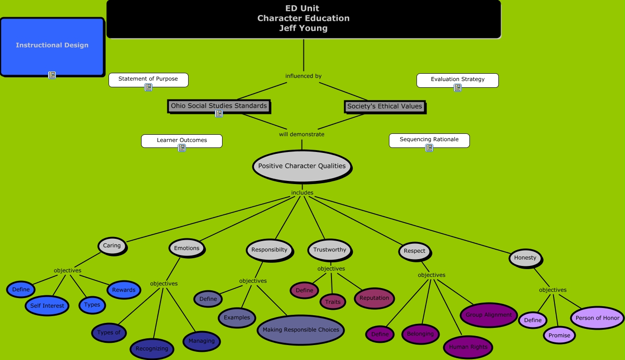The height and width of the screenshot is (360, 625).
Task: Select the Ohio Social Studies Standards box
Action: (x=219, y=106)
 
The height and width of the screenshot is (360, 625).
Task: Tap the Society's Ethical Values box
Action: (x=384, y=106)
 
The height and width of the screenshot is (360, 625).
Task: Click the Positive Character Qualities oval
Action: (x=302, y=166)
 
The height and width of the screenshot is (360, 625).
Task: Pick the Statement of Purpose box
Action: (x=148, y=79)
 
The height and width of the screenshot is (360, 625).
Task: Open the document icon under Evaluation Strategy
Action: (x=458, y=88)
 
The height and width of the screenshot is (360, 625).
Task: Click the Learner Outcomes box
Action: (x=182, y=141)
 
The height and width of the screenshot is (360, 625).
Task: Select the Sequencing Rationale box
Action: (x=429, y=140)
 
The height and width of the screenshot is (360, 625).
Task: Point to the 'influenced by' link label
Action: (x=303, y=76)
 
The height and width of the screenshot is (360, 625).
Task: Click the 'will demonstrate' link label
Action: (x=302, y=134)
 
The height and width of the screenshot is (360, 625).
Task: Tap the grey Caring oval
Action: (x=112, y=246)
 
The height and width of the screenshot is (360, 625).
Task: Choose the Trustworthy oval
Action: (x=330, y=250)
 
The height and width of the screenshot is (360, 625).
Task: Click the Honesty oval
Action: (x=525, y=258)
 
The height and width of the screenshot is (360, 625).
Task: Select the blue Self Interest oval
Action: (x=47, y=306)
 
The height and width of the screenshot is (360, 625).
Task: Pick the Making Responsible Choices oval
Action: (x=301, y=330)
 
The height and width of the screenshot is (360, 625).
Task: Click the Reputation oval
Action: (x=374, y=298)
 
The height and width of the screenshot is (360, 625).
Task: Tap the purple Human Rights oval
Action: (x=468, y=347)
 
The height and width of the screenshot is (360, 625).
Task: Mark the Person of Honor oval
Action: (x=597, y=318)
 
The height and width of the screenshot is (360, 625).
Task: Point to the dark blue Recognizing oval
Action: (x=152, y=349)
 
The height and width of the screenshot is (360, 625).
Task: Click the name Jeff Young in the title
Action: (x=303, y=28)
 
